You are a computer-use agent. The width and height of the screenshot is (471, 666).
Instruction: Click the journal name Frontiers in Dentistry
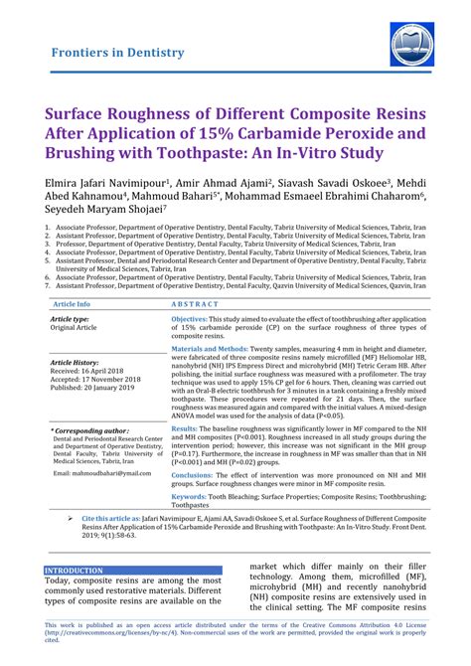pos(117,52)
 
